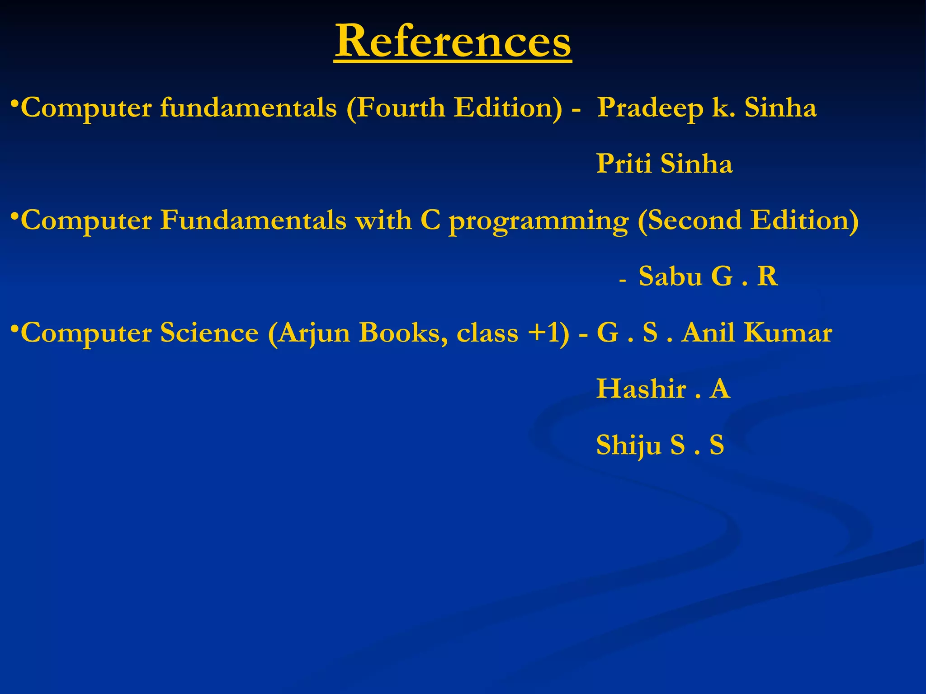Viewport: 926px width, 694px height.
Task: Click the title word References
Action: [x=453, y=42]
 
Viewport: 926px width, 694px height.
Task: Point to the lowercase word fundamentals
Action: [x=248, y=108]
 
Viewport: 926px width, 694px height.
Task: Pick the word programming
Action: [x=539, y=221]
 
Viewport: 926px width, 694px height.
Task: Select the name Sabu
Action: [x=670, y=276]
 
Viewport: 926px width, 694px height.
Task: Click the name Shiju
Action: [x=628, y=445]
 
